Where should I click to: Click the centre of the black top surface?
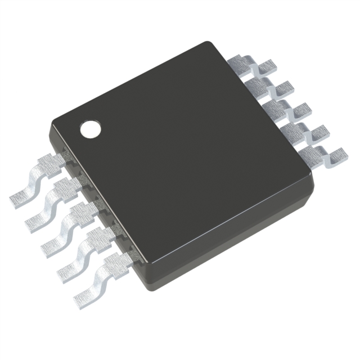[180, 152]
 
